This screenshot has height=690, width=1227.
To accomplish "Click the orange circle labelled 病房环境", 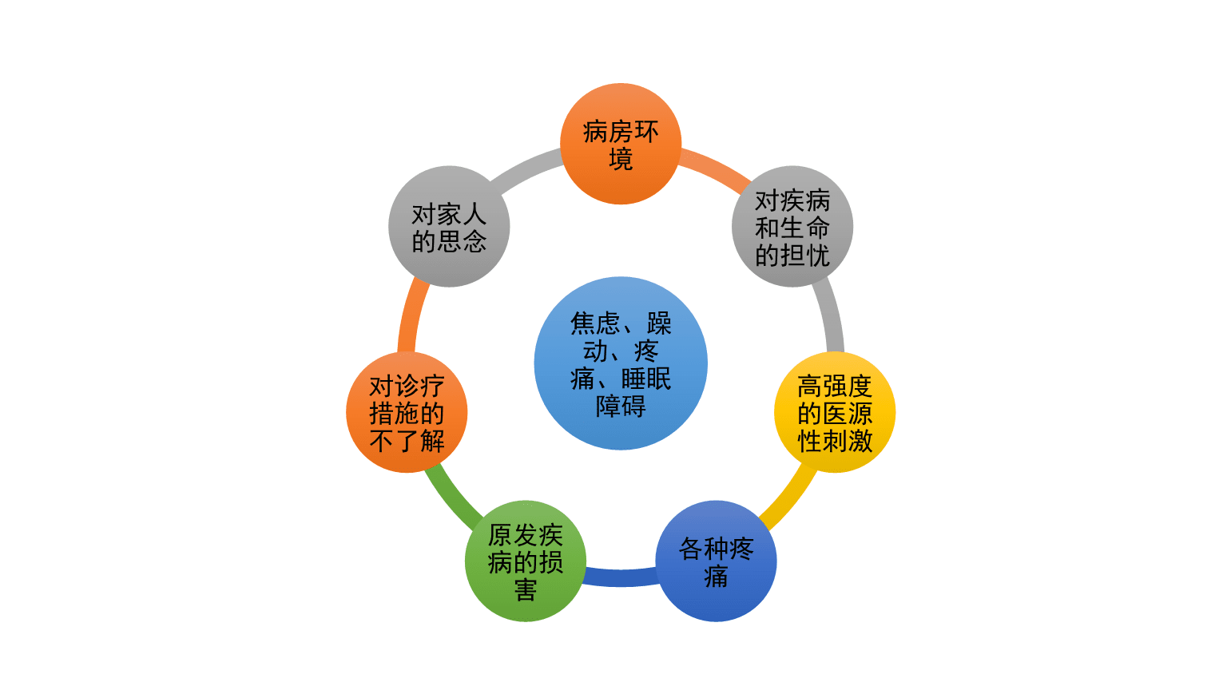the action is pyautogui.click(x=621, y=144).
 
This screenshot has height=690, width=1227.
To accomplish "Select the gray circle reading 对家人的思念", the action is pyautogui.click(x=449, y=226).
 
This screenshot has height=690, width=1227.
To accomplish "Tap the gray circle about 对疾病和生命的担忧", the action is pyautogui.click(x=792, y=226).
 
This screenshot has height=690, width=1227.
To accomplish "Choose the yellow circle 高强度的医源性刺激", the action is pyautogui.click(x=835, y=412).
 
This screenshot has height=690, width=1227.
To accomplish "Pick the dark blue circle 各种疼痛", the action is pyautogui.click(x=716, y=561).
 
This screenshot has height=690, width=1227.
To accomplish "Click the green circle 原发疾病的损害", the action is pyautogui.click(x=526, y=561).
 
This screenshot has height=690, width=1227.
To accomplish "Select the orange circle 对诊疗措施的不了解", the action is pyautogui.click(x=407, y=412).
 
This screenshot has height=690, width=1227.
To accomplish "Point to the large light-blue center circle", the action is pyautogui.click(x=621, y=363).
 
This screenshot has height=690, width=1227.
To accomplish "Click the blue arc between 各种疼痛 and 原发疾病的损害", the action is pyautogui.click(x=621, y=577).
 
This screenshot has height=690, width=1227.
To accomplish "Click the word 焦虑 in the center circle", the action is pyautogui.click(x=595, y=323).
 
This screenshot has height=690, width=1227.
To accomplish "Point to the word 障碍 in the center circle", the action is pyautogui.click(x=621, y=406).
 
